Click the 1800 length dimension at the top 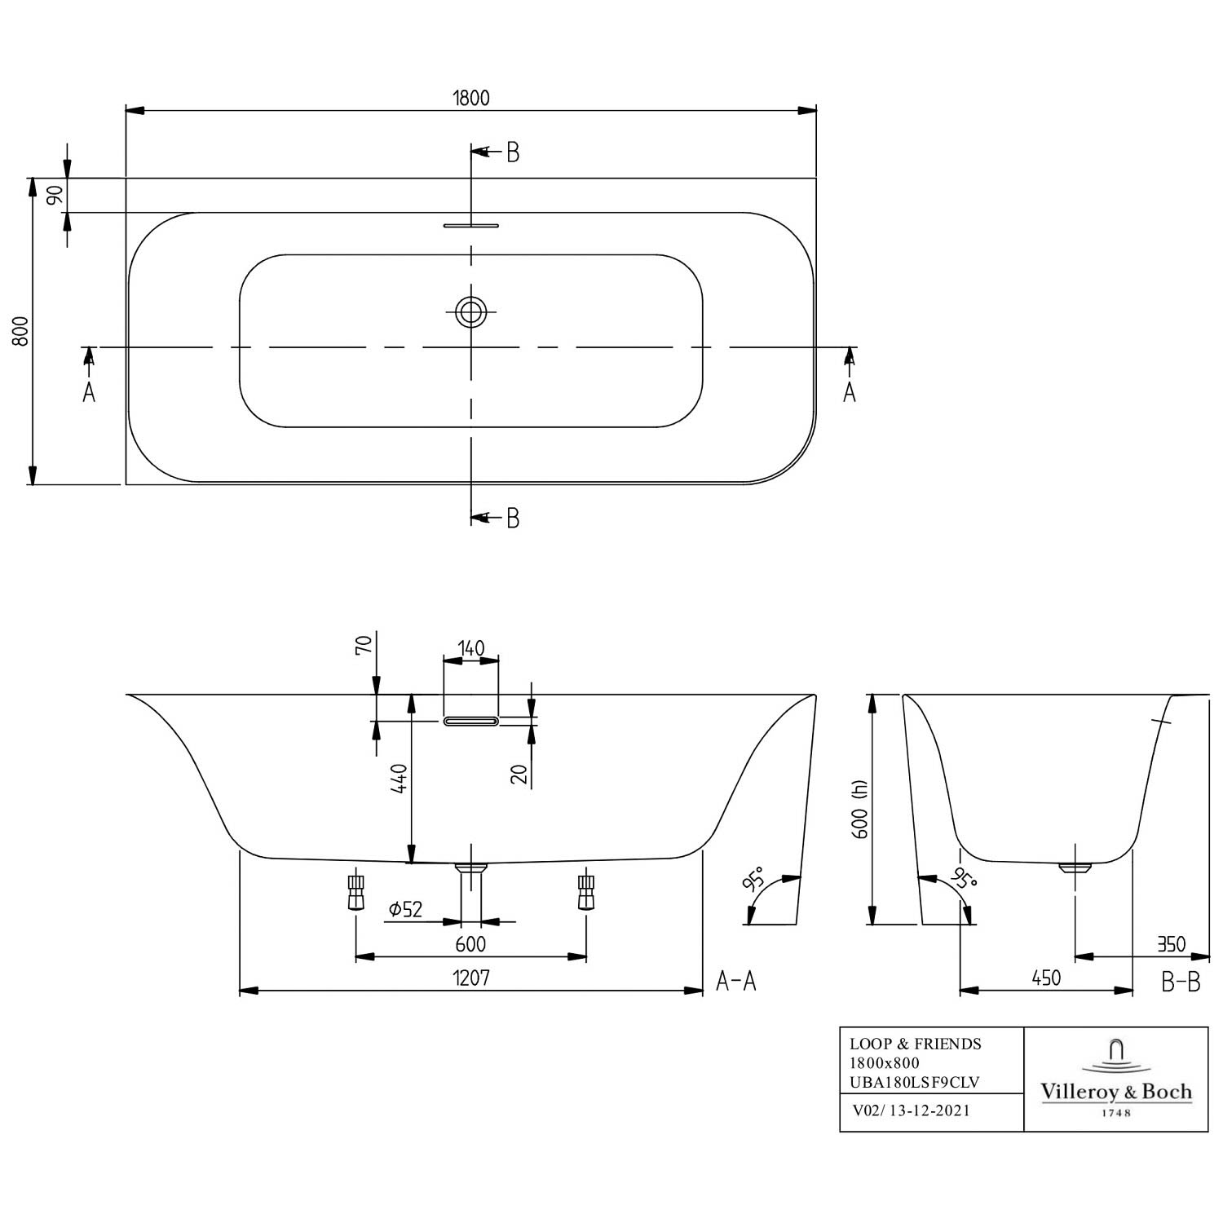pyautogui.click(x=471, y=98)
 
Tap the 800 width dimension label pyautogui.click(x=21, y=331)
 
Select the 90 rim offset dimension pyautogui.click(x=54, y=196)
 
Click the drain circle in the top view pyautogui.click(x=470, y=311)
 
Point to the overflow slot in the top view pyautogui.click(x=470, y=225)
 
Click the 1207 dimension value pyautogui.click(x=471, y=977)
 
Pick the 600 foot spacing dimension pyautogui.click(x=470, y=943)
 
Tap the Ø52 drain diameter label pyautogui.click(x=406, y=908)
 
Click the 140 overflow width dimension pyautogui.click(x=470, y=648)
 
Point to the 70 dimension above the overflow pyautogui.click(x=364, y=644)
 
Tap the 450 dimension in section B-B pyautogui.click(x=1046, y=977)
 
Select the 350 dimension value pyautogui.click(x=1172, y=944)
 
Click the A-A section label pyautogui.click(x=736, y=981)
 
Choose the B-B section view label pyautogui.click(x=1181, y=982)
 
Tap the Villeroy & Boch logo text pyautogui.click(x=1116, y=1092)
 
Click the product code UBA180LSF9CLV pyautogui.click(x=915, y=1082)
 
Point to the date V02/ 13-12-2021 pyautogui.click(x=911, y=1110)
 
